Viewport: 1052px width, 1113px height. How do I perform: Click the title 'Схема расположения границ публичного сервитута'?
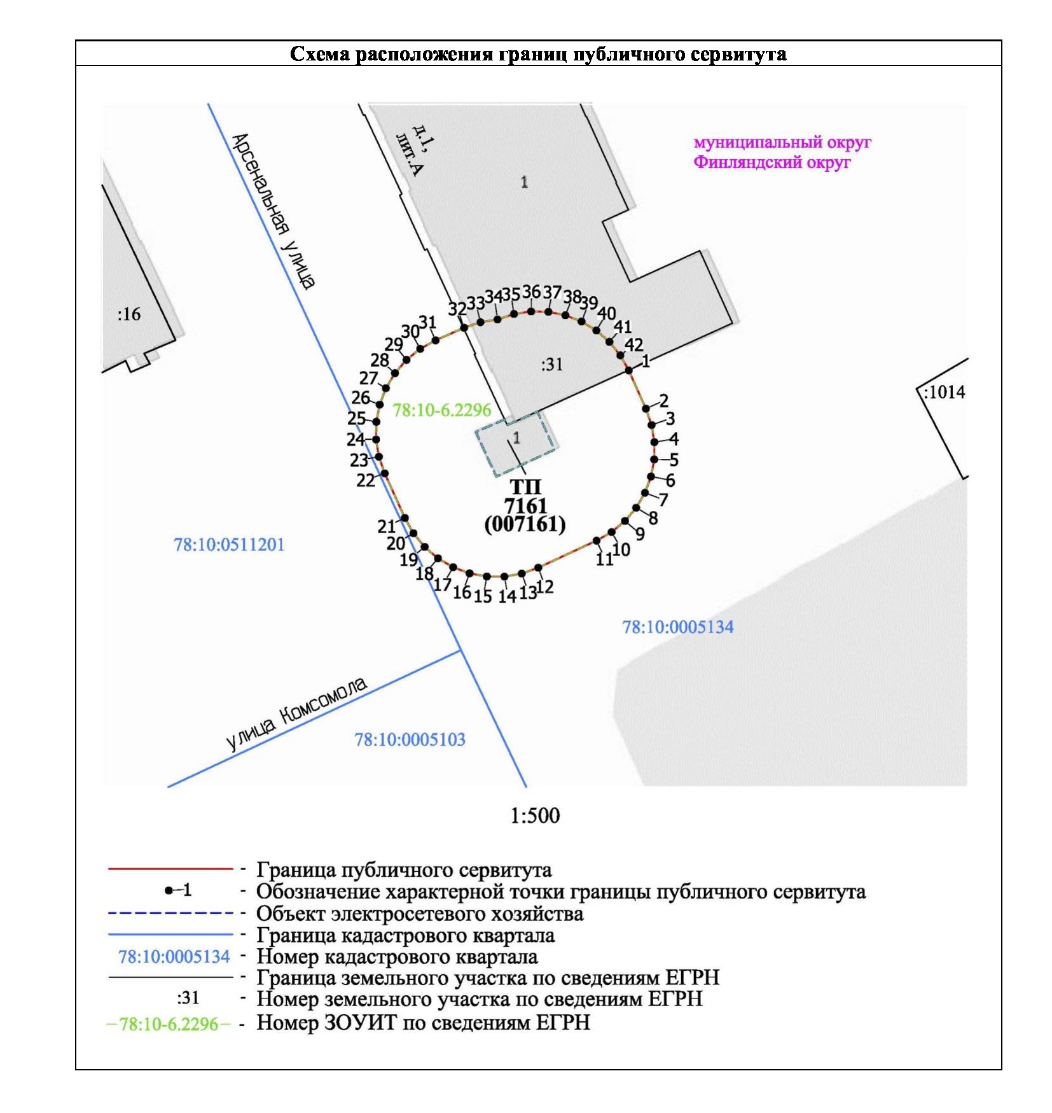click(537, 53)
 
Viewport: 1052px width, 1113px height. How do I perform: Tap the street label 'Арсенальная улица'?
click(273, 211)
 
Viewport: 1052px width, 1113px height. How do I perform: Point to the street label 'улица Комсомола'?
click(296, 713)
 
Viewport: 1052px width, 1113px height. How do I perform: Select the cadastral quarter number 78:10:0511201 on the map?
click(229, 545)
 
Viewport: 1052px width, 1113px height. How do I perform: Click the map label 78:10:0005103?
click(410, 739)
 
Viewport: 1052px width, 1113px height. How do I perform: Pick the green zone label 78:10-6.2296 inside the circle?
click(442, 410)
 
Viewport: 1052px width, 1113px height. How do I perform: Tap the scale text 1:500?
click(535, 815)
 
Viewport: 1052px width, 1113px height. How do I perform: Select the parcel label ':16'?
click(129, 314)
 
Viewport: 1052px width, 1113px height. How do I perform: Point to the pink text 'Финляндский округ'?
click(772, 162)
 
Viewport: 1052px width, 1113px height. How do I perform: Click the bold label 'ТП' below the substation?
click(525, 487)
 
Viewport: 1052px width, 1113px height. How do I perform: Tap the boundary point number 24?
click(355, 439)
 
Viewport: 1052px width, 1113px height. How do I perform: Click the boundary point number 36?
click(531, 292)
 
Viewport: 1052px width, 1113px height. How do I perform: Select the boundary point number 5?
click(674, 459)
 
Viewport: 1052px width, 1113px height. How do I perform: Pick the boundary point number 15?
click(483, 596)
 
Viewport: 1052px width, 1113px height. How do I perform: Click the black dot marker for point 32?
click(464, 327)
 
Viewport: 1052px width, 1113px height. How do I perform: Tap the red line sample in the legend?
click(170, 868)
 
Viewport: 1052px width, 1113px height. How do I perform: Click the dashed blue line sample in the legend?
click(170, 913)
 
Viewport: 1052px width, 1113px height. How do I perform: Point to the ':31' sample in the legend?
click(188, 997)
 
